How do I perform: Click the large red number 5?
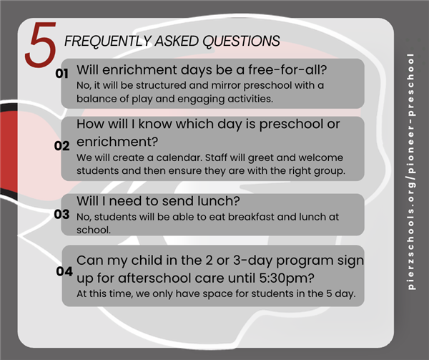pos(41,44)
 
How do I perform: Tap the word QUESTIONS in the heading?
pos(241,41)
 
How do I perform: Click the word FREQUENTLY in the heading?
pos(108,41)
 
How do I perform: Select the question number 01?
pos(61,74)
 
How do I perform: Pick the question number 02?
pos(61,145)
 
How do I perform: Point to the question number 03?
pos(61,214)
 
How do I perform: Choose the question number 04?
pos(64,271)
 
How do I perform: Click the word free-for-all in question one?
pos(287,69)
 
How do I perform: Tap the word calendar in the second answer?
pos(179,157)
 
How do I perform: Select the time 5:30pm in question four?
pos(287,278)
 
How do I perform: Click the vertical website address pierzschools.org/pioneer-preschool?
pos(410,172)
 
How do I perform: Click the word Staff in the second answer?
pos(216,157)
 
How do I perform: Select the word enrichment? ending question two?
pos(117,142)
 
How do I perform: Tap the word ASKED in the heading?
pos(177,41)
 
